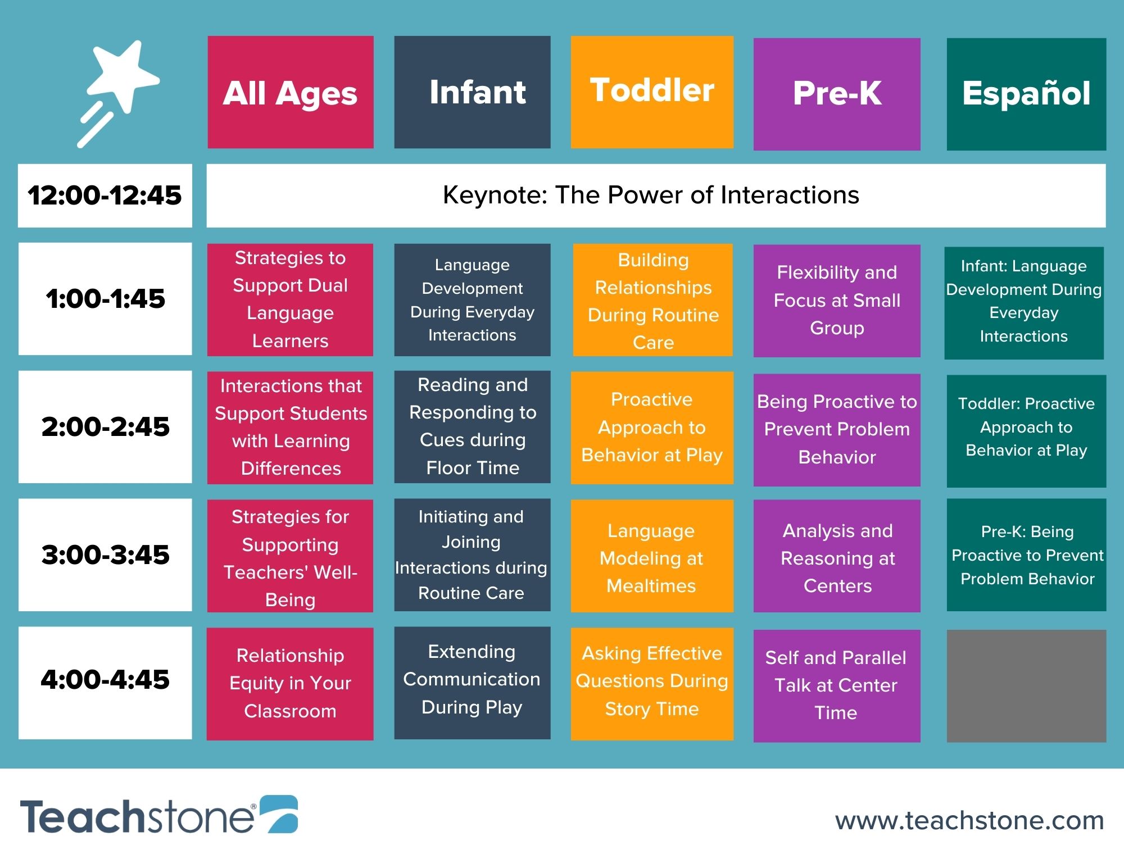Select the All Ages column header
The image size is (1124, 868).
click(x=291, y=92)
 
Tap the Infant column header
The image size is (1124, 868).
click(x=472, y=92)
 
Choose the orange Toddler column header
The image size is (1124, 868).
click(x=652, y=92)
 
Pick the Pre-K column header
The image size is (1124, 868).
click(x=837, y=94)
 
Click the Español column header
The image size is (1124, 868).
click(x=1026, y=94)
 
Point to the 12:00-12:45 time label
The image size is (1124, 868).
click(x=105, y=196)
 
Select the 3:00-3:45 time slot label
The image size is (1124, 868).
click(x=105, y=555)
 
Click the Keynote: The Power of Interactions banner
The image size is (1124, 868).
click(x=656, y=196)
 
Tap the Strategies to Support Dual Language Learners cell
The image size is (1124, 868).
click(x=290, y=299)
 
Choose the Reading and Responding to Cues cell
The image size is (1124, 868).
click(x=472, y=426)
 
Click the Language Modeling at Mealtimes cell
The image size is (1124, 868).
click(x=652, y=556)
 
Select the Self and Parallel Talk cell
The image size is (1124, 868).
click(x=837, y=685)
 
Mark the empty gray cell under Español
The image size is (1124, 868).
click(x=1026, y=685)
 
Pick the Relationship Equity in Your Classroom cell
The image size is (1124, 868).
click(x=290, y=684)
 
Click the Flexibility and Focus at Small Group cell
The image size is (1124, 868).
click(x=837, y=301)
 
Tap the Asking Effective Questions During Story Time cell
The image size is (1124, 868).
click(x=652, y=684)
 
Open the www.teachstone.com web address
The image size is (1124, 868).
click(x=969, y=820)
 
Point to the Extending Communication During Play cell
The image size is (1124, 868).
click(x=472, y=683)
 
